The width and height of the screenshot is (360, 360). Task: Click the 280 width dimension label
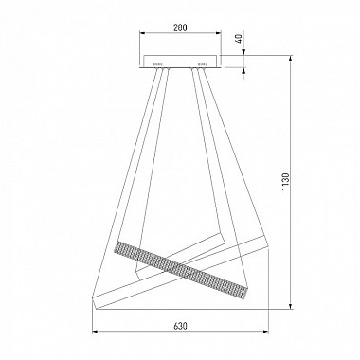pos(180,27)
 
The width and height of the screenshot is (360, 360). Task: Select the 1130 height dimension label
pos(285,182)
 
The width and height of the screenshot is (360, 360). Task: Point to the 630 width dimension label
pos(180,326)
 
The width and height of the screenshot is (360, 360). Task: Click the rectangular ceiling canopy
pos(181,62)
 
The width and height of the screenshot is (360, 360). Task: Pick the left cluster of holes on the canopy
pos(157,64)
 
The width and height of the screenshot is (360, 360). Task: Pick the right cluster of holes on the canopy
pos(203,64)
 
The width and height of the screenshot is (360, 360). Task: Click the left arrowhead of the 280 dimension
pos(142,32)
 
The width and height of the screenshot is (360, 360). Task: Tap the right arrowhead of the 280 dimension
pos(219,32)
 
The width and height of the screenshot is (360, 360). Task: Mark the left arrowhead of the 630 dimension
pos(95,332)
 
